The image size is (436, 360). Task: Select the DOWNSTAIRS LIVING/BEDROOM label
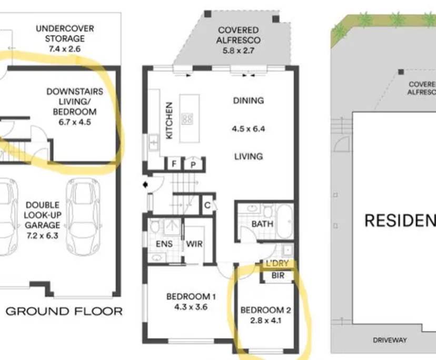[x=75, y=101]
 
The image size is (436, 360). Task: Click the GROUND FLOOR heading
[x=64, y=311]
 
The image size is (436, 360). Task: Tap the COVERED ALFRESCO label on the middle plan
[x=238, y=35]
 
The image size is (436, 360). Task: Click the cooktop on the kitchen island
[x=187, y=119]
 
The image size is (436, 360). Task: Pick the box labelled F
[x=173, y=164]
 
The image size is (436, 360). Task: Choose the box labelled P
[x=193, y=164]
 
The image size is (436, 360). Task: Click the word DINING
[x=248, y=101]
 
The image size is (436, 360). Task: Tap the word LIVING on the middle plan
[x=248, y=156]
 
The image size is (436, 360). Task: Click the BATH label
[x=262, y=224]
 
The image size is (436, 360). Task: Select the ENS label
[x=164, y=244]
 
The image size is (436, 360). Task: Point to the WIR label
[x=194, y=244]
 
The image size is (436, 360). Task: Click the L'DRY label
[x=277, y=263]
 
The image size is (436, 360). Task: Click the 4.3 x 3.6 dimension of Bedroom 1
[x=191, y=306]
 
